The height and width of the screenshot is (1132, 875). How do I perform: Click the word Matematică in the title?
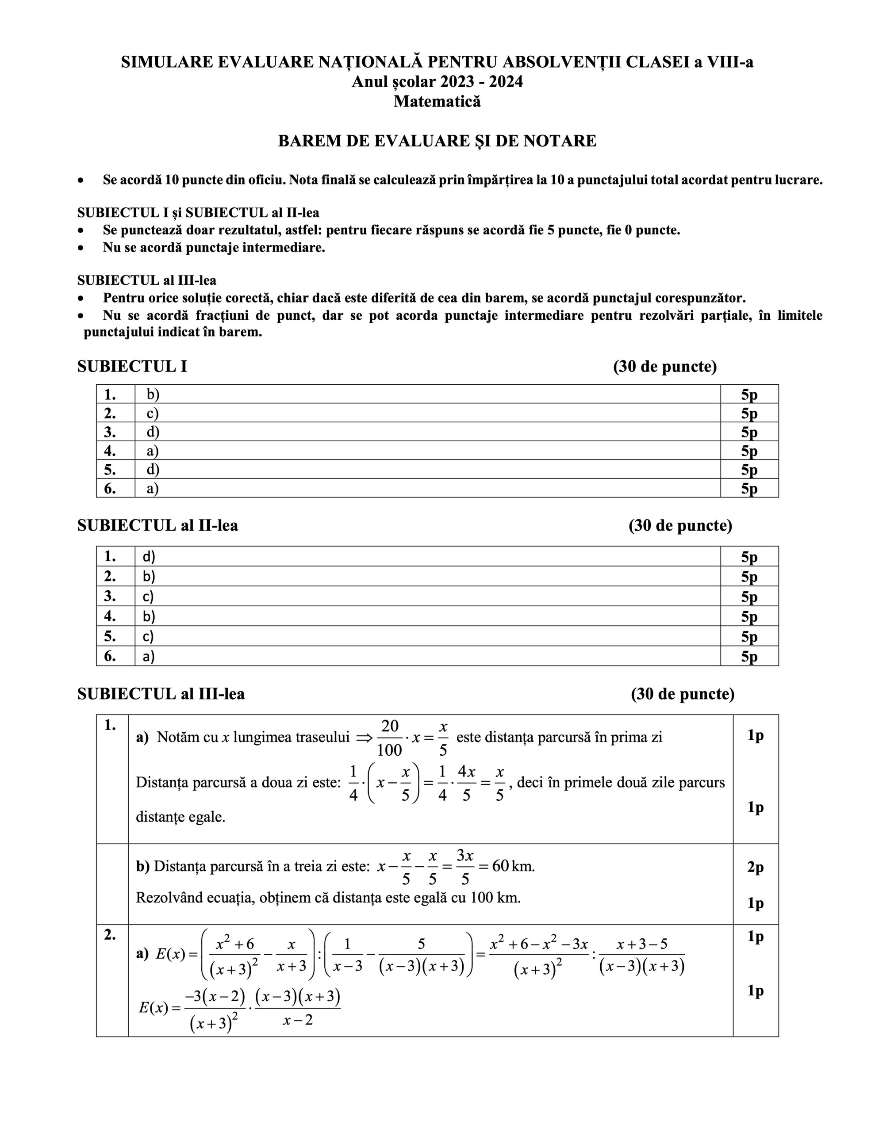coord(437,101)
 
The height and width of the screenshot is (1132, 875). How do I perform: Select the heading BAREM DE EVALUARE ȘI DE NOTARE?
coord(437,141)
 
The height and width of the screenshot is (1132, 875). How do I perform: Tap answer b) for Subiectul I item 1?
coord(153,394)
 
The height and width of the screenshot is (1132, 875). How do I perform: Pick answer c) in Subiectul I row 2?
coord(153,413)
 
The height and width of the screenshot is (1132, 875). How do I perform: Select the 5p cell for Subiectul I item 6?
coord(749,488)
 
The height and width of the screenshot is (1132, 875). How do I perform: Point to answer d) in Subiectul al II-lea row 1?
coord(149,557)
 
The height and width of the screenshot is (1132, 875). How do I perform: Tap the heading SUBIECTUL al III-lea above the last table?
coord(161,694)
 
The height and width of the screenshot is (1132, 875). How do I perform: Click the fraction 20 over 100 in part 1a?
coord(390,737)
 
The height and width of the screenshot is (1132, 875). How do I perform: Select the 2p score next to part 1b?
coord(755,867)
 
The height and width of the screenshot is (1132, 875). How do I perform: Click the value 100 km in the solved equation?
coord(495,898)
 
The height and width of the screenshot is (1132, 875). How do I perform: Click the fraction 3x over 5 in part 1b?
coord(465,867)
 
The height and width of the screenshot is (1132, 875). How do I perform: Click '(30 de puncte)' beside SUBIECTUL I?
coord(664,367)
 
